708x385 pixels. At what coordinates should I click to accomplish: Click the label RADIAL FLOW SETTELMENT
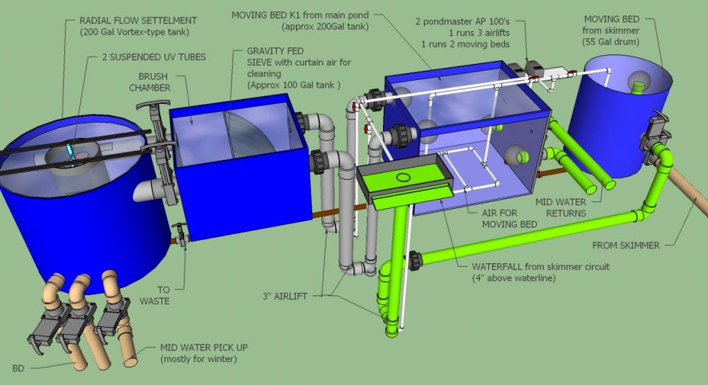[x=138, y=21]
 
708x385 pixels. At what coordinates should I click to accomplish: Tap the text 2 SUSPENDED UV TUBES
[x=154, y=57]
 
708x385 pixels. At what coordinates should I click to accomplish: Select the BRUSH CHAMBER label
[x=150, y=82]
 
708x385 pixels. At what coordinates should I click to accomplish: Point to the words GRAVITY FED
[x=275, y=51]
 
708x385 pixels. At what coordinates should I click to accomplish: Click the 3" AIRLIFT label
[x=285, y=297]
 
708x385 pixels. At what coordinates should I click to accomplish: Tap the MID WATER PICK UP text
[x=204, y=347]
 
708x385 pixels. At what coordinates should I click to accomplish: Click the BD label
[x=18, y=368]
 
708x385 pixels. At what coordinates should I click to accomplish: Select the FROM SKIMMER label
[x=626, y=246]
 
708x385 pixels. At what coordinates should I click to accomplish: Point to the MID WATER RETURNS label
[x=561, y=207]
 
